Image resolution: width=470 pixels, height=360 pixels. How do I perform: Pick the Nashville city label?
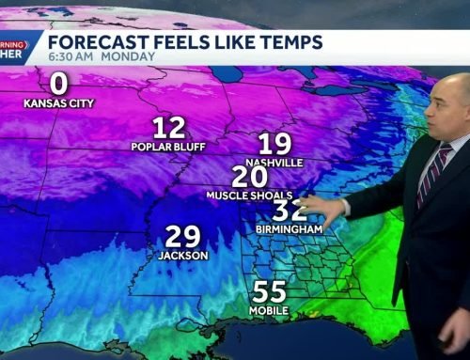[x=276, y=163]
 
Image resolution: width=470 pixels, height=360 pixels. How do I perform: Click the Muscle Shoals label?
[x=243, y=195]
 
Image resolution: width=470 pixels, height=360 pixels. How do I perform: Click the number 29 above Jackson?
[x=184, y=237]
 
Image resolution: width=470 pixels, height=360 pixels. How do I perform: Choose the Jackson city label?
[x=184, y=255]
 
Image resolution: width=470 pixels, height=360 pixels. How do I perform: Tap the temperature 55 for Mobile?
[x=270, y=292]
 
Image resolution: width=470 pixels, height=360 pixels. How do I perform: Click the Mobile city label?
[x=270, y=310]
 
